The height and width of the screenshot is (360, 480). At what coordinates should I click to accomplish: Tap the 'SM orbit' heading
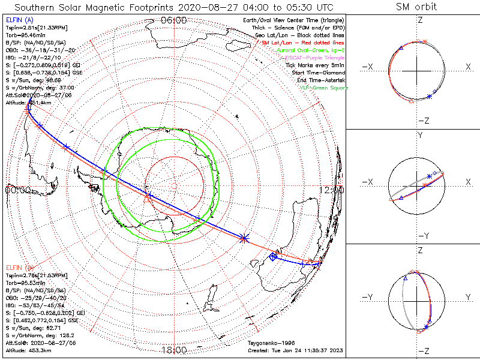click(x=416, y=7)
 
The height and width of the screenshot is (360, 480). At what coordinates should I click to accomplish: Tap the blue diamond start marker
click(x=274, y=256)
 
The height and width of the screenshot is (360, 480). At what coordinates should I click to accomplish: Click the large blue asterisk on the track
click(x=244, y=238)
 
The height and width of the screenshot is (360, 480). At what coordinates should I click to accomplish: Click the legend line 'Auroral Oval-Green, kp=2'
click(x=312, y=51)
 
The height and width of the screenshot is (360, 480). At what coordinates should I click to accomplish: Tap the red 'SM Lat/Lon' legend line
click(x=304, y=43)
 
